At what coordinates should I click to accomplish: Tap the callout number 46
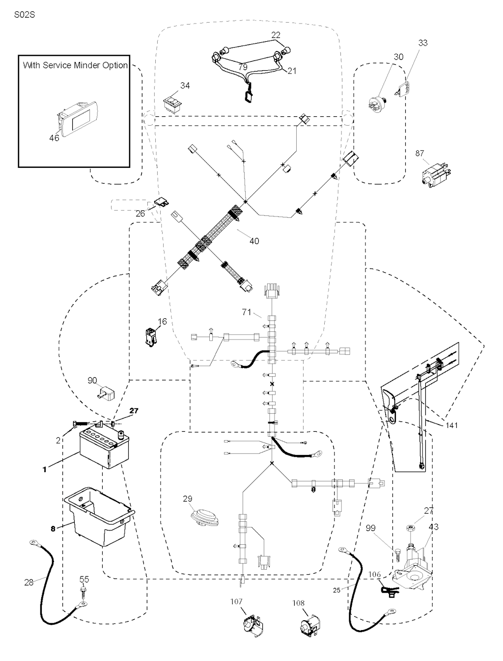pos(54,138)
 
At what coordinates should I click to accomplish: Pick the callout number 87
pos(419,154)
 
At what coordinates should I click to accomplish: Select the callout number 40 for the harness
pos(254,241)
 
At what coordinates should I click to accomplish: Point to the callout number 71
pos(247,312)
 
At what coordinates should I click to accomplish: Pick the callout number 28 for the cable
pos(28,582)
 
